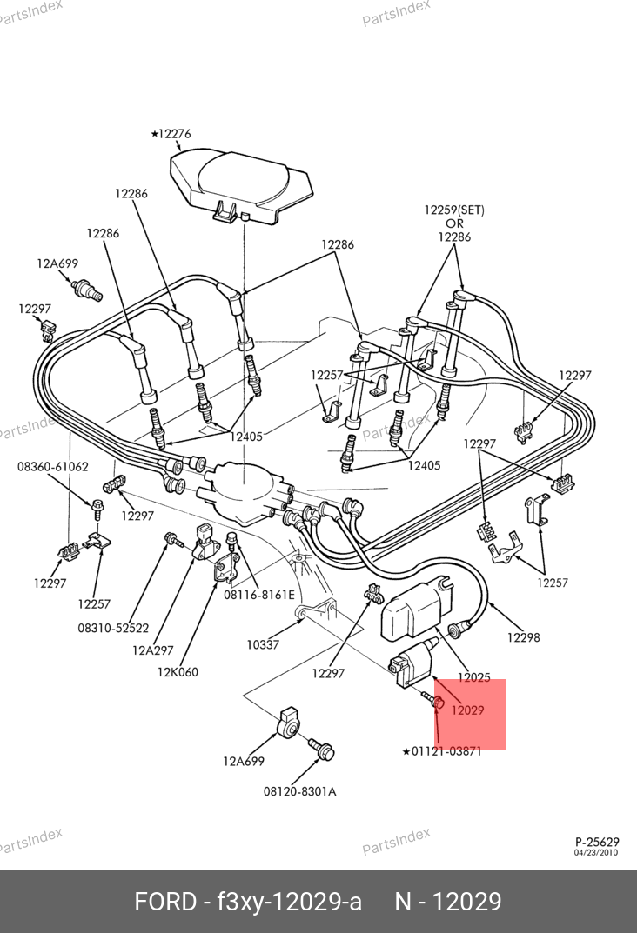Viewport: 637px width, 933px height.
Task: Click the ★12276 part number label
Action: (171, 134)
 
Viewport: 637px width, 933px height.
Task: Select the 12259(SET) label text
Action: (454, 210)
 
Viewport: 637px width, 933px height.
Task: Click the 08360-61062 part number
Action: (53, 467)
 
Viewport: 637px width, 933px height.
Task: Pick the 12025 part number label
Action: (474, 677)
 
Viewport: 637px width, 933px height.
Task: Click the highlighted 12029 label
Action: (467, 710)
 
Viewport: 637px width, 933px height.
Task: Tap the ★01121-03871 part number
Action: (441, 751)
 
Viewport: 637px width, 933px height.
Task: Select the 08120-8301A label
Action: (300, 791)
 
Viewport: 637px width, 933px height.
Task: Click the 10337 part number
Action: (264, 644)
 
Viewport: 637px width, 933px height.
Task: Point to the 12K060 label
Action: (178, 671)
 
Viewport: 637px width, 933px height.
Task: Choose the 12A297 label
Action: (153, 649)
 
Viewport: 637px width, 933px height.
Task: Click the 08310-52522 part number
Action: (113, 627)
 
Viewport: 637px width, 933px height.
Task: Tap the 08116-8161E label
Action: (259, 595)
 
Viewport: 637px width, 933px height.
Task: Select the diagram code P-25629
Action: (596, 842)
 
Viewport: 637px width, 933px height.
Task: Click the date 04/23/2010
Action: (596, 852)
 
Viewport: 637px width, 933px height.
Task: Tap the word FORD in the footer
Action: (165, 902)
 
